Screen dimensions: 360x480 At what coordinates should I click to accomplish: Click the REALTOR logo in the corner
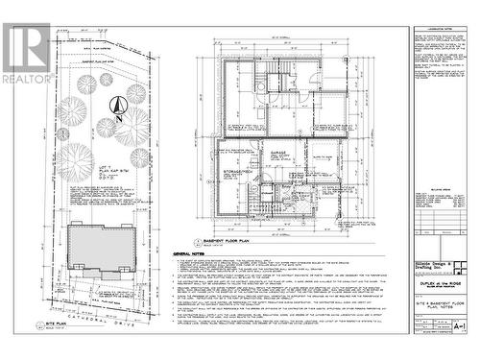pyautogui.click(x=26, y=52)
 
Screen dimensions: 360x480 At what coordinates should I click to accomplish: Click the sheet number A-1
pyautogui.click(x=459, y=326)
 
